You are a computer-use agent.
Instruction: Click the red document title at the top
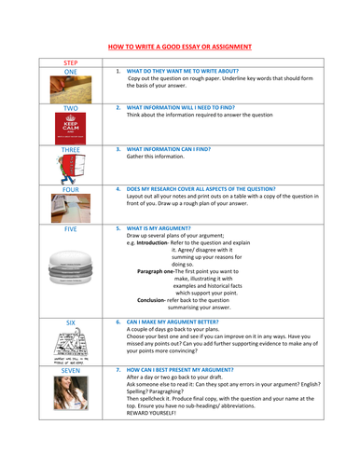click(x=180, y=48)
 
